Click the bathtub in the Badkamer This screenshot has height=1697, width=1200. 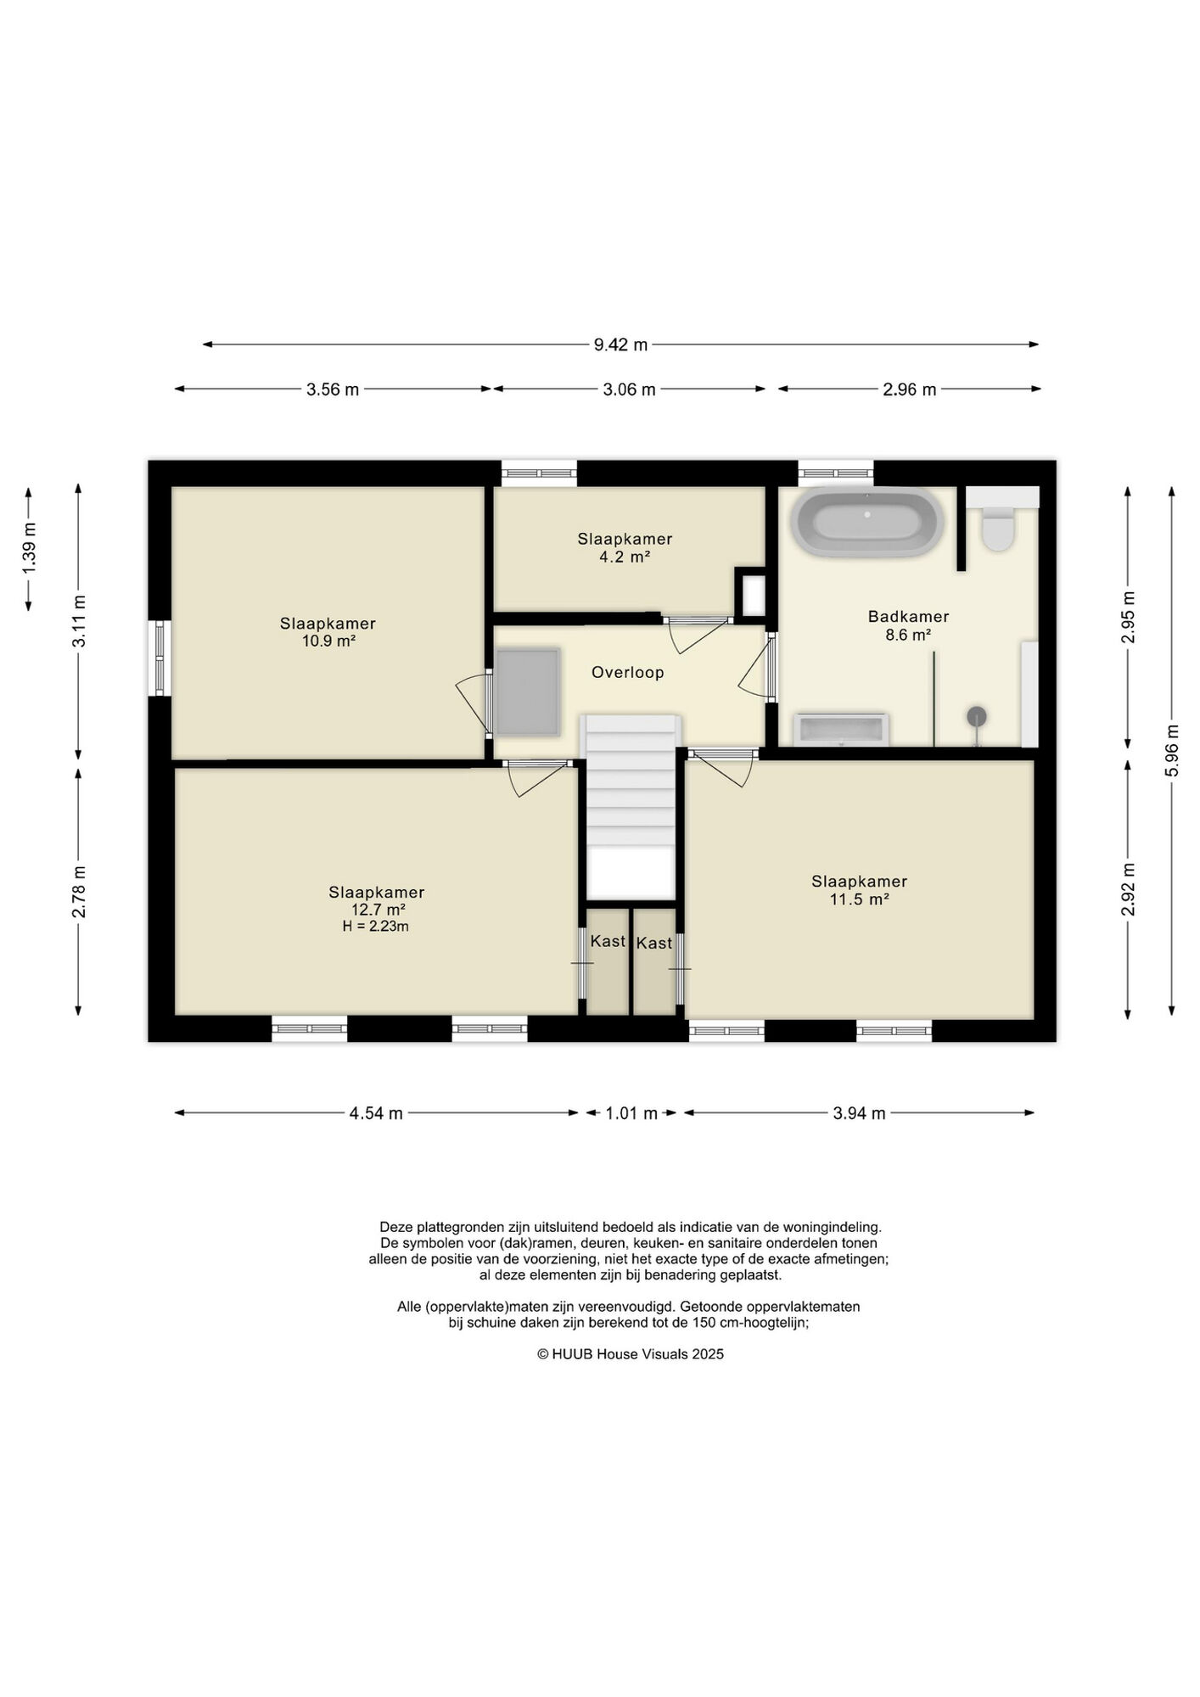pos(866,522)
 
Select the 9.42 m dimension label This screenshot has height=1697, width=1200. pos(620,344)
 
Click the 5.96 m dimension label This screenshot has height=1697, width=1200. pos(1172,750)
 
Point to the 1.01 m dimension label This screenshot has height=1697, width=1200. pos(631,1113)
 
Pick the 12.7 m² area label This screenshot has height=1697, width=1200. pos(378,910)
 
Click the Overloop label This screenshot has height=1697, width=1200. pos(628,673)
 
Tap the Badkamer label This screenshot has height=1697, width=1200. pos(908,617)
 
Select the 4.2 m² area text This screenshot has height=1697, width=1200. pos(625,557)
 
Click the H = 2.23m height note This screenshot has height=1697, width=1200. pos(376,927)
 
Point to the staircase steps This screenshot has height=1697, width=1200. pos(631,781)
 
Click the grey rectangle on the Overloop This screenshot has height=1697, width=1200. pos(527,692)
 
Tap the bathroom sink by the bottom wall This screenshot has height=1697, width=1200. pos(841,730)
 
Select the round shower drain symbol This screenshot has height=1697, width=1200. pos(977,717)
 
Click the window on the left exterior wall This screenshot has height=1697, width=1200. pos(160,658)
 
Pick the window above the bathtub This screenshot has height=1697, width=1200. pos(836,473)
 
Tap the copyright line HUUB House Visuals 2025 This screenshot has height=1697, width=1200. pos(631,1354)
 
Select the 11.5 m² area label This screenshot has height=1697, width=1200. pos(859,899)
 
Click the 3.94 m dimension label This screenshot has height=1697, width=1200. pos(859,1113)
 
